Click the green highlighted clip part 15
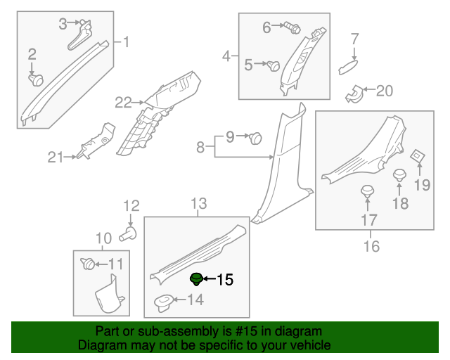pos(197,279)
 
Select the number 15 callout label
pos(224,280)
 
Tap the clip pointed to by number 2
pos(34,79)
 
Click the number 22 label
pos(123,103)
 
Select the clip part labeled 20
pos(355,92)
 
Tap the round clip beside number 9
pos(256,138)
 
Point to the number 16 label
pos(371,246)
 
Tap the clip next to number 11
pos(88,264)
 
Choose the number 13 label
pos(199,204)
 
